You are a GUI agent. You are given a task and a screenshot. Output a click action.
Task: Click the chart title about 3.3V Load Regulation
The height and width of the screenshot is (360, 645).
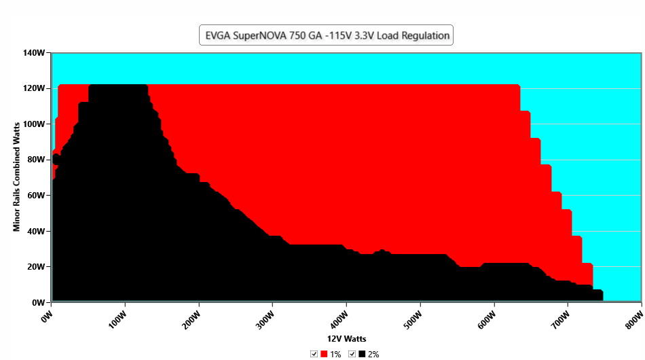click(326, 35)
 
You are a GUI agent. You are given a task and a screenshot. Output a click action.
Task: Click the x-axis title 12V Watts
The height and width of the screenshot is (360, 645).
click(347, 338)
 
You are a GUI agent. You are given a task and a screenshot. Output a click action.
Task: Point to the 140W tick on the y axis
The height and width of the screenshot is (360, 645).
click(35, 53)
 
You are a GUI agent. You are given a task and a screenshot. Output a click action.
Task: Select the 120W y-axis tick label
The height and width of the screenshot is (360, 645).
click(35, 88)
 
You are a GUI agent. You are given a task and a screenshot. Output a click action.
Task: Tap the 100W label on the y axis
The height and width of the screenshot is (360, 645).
click(35, 124)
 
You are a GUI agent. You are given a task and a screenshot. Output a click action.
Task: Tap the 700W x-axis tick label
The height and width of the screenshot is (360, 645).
click(557, 317)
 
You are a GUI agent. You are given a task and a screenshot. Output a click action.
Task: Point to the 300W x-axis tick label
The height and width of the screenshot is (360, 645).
click(262, 317)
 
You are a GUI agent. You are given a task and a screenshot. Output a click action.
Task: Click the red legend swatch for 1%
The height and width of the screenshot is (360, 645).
click(324, 354)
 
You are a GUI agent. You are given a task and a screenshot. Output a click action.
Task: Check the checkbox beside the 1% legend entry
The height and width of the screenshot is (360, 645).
click(314, 354)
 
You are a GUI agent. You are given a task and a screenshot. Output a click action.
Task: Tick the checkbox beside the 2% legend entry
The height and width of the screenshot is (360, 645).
click(352, 354)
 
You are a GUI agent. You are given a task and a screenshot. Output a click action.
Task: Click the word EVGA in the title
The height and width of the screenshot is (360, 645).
click(219, 35)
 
